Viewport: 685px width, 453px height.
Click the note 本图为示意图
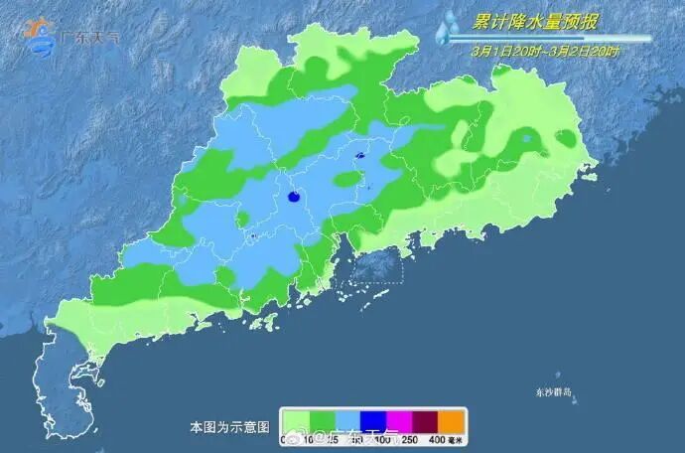click(x=229, y=427)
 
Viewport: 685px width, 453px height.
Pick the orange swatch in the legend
click(x=452, y=420)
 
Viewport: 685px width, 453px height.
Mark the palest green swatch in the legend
click(x=295, y=420)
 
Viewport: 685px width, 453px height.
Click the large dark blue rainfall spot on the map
click(x=294, y=198)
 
